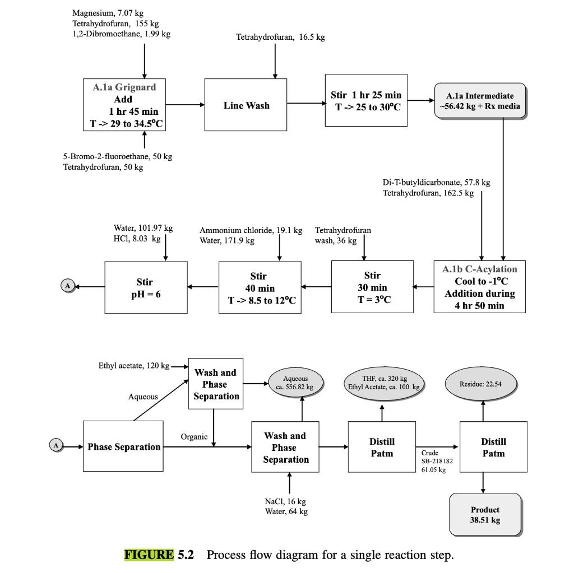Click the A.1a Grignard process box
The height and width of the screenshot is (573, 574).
(x=124, y=105)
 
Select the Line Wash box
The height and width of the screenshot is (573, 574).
(x=246, y=105)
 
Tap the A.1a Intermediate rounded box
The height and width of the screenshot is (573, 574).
(x=480, y=101)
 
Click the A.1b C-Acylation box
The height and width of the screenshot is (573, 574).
(x=480, y=287)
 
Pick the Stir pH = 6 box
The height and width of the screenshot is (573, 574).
(x=146, y=287)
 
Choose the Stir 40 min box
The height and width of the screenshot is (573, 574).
(x=260, y=287)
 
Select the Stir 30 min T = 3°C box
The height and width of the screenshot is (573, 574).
(x=372, y=287)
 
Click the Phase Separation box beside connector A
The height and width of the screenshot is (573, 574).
(x=123, y=446)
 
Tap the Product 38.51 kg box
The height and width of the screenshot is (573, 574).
(x=485, y=515)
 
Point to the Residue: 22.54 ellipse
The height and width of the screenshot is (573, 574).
(x=480, y=384)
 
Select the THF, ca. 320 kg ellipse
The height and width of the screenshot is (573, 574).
(x=384, y=383)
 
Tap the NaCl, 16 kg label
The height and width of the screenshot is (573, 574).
(x=285, y=501)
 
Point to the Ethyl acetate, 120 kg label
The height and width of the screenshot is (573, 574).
(x=133, y=366)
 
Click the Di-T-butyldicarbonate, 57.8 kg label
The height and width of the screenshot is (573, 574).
(x=436, y=183)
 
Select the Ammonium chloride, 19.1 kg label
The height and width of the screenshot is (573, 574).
(x=251, y=231)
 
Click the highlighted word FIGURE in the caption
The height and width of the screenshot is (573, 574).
(x=149, y=555)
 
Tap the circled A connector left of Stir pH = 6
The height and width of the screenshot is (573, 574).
(x=67, y=286)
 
